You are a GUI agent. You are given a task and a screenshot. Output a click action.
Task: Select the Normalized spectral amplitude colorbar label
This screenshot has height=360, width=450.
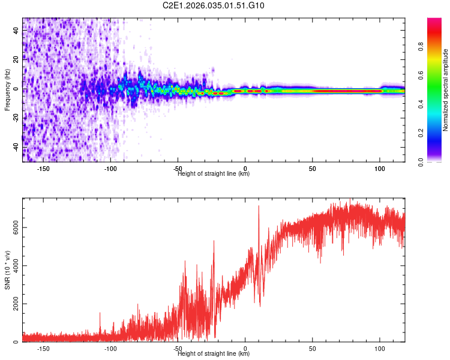(446, 90)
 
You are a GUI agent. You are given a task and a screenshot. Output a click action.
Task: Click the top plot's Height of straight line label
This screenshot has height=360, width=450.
(214, 174)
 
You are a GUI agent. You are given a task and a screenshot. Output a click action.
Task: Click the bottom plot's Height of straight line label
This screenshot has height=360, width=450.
(214, 353)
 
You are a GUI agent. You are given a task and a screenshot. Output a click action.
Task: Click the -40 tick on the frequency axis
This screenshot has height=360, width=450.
(16, 146)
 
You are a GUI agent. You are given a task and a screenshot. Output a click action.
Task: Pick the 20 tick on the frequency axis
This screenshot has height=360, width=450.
(16, 59)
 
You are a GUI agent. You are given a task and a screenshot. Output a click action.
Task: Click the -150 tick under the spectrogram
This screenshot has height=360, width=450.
(43, 169)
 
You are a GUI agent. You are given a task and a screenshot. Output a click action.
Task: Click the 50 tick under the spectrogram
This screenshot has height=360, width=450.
(313, 169)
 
